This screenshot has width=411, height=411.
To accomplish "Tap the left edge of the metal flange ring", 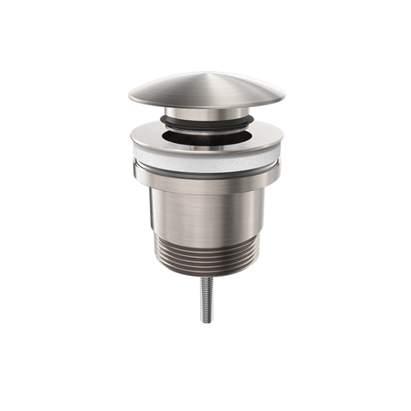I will click(132, 137).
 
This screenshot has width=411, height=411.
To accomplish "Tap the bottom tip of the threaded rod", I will click(205, 321).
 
